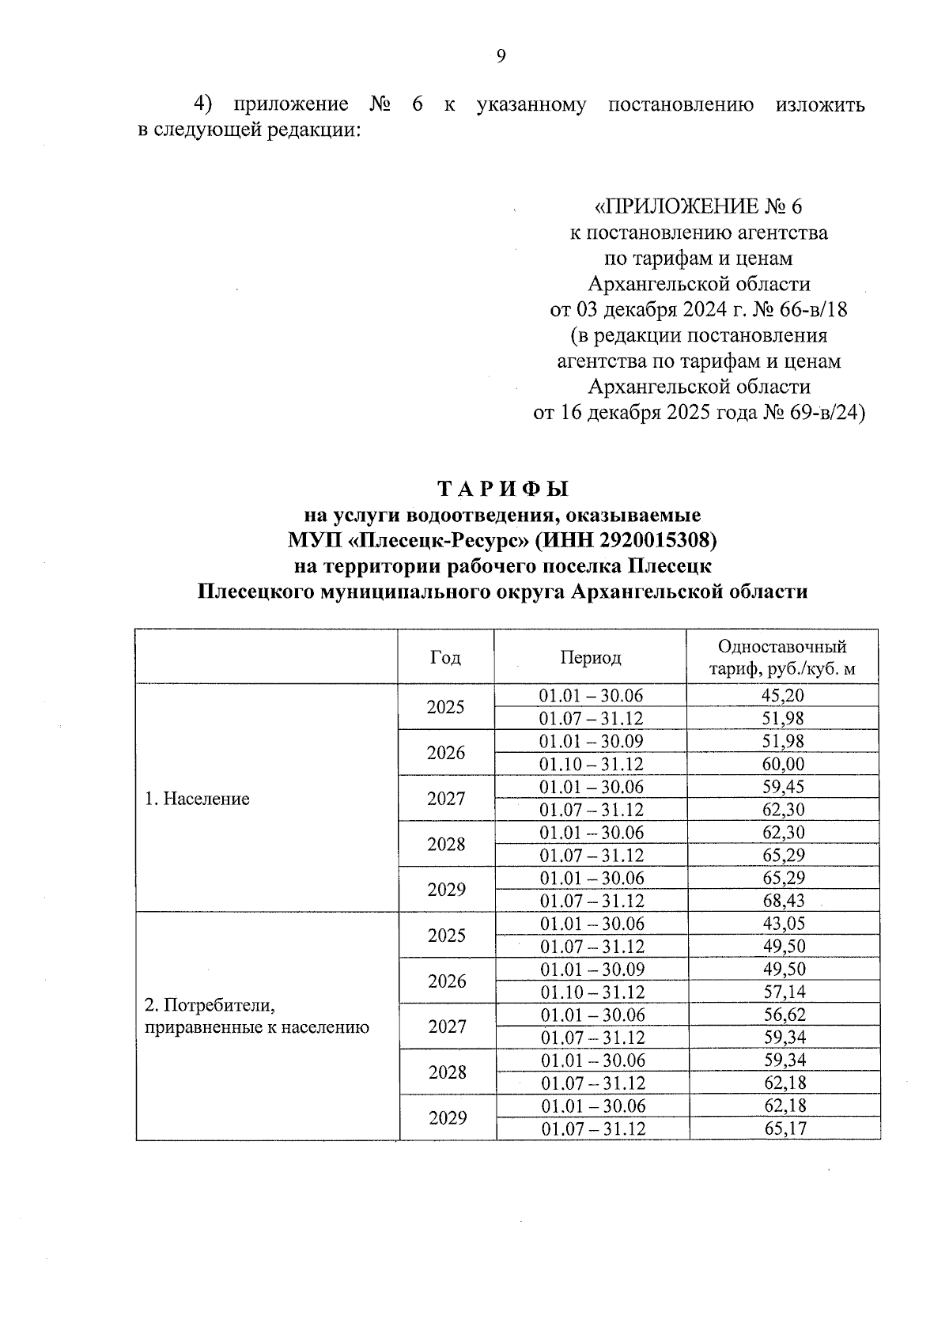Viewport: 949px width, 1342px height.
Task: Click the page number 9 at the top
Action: pos(500,56)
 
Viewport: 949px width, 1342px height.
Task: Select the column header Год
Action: pos(445,657)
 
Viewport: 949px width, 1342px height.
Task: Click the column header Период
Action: pos(590,657)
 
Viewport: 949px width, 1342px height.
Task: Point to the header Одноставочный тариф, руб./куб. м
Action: pos(782,658)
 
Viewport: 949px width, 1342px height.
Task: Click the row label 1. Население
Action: pos(197,799)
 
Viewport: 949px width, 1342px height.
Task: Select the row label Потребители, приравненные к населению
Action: pos(256,1016)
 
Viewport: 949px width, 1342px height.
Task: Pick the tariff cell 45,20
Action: pos(783,696)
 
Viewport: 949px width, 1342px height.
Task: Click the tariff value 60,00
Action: pos(783,764)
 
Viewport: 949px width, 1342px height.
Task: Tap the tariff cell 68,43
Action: pos(783,901)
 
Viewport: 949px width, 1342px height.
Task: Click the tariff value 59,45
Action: pos(783,787)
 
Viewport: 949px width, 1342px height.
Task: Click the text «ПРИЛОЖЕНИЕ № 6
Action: pos(698,207)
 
